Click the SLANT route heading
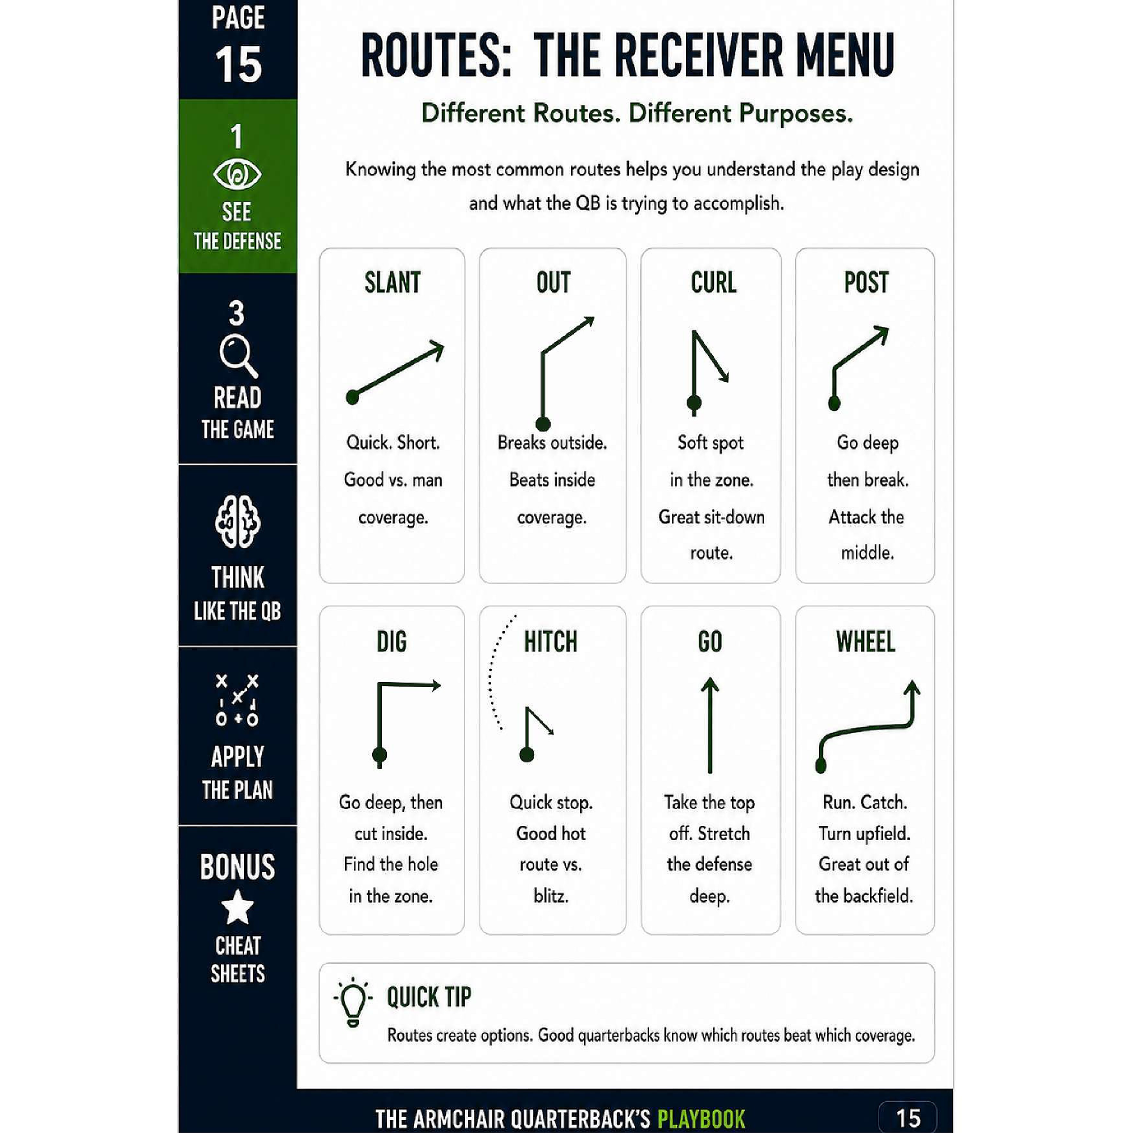393,283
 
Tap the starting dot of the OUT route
543,423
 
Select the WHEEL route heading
866,642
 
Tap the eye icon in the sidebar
237,174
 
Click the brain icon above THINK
237,521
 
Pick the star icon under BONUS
237,906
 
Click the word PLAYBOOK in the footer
701,1119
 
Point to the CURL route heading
713,283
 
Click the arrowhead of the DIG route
435,685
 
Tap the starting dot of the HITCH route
527,755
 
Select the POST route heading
866,283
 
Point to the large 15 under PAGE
238,65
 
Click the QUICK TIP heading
429,997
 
